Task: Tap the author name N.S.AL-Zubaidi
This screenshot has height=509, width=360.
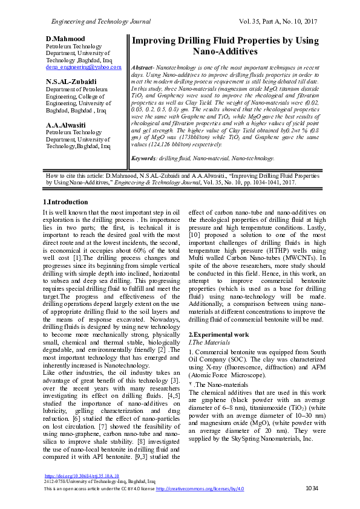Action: pyautogui.click(x=71, y=82)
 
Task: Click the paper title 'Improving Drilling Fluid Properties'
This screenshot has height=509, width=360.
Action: pyautogui.click(x=225, y=46)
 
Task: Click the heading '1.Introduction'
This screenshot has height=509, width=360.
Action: pyautogui.click(x=65, y=201)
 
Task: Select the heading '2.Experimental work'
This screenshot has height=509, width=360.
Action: pyautogui.click(x=218, y=334)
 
